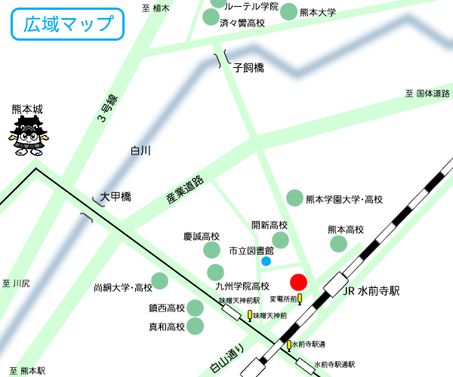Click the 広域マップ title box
pos(67,24)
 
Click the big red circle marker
pos(298,282)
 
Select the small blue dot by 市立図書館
pos(266,261)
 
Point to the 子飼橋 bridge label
pos(248,68)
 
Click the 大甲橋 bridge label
pos(116,197)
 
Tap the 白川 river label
pos(140,151)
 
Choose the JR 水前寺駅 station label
pos(371,291)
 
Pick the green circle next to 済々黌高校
pos(211,17)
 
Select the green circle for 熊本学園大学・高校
pos(294,198)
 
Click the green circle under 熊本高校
pos(338,244)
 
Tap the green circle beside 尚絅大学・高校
pos(160,281)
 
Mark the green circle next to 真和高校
pos(195,326)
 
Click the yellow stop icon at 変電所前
pos(300,299)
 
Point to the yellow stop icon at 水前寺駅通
pos(288,345)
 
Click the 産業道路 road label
pos(185,192)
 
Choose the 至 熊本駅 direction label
pos(23,370)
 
